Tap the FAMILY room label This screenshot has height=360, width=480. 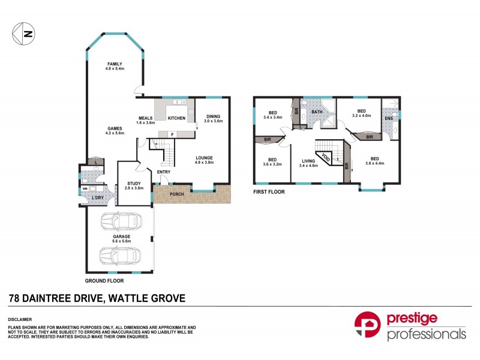pos(115,64)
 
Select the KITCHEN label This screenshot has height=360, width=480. pos(177,118)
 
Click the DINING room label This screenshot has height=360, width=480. pos(213,116)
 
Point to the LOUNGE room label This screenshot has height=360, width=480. pos(204,158)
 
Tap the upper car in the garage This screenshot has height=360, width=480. pos(121,221)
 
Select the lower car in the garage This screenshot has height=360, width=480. pos(121,258)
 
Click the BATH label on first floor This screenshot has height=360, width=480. pos(317,112)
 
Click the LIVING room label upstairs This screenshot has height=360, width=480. pos(309,161)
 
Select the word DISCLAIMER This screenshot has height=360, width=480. pos(20,319)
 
